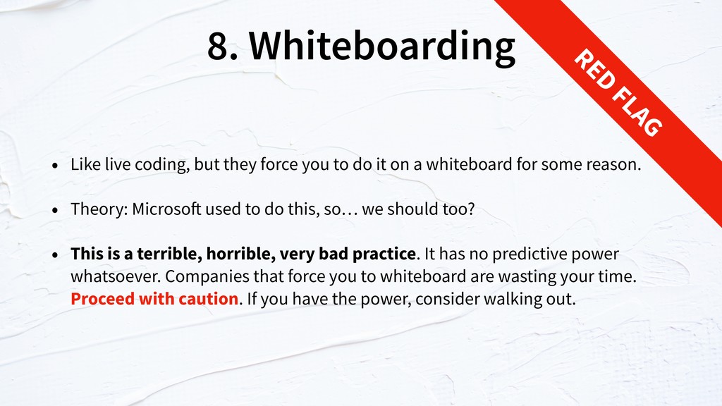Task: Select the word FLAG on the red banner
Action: (x=637, y=112)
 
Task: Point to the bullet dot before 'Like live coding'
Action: (x=55, y=165)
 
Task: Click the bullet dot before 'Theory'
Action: (x=55, y=210)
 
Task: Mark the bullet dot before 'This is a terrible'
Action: (x=55, y=254)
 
